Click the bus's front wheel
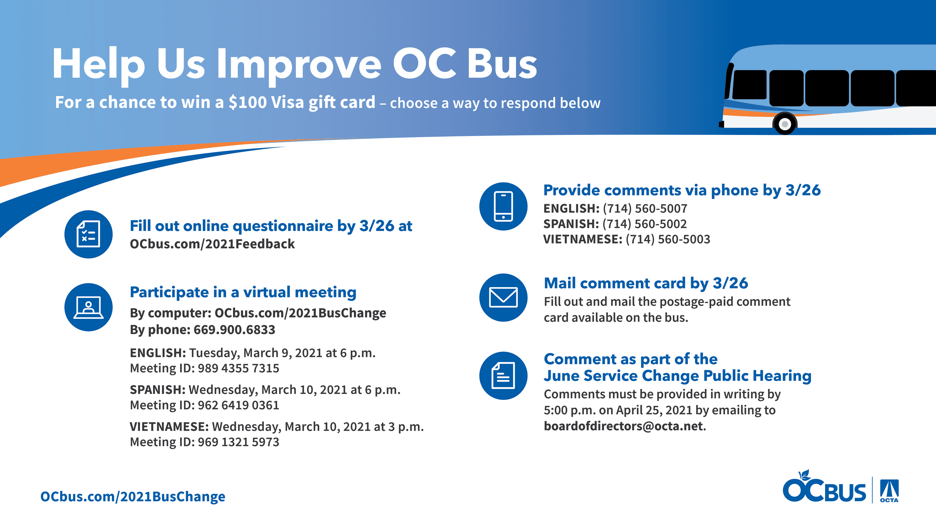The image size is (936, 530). (x=784, y=124)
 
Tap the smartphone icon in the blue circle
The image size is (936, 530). (x=503, y=207)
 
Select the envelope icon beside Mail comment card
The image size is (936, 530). (x=503, y=298)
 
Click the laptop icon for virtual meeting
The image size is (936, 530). (x=88, y=307)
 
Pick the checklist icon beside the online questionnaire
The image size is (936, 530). (x=88, y=234)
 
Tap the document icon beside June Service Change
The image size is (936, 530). (x=503, y=375)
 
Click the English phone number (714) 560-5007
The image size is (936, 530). (x=645, y=209)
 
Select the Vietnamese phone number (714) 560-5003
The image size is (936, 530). (x=667, y=239)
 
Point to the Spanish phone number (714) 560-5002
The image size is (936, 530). (x=644, y=224)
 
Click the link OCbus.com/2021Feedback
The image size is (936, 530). (x=212, y=244)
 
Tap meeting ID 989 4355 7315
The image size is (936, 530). (x=238, y=368)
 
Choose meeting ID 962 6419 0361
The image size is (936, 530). (x=238, y=405)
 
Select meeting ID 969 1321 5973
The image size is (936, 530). (x=238, y=442)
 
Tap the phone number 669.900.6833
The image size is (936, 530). (x=234, y=330)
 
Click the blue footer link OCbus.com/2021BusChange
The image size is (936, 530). (x=132, y=497)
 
